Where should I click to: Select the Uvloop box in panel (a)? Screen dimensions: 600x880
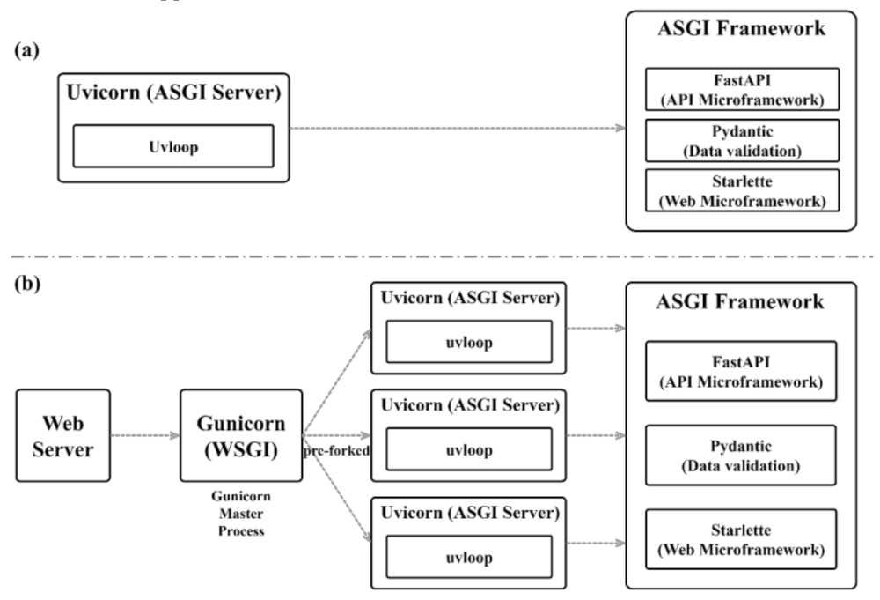point(172,145)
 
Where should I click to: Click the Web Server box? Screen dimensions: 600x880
point(63,436)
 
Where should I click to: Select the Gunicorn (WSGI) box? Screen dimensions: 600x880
point(240,436)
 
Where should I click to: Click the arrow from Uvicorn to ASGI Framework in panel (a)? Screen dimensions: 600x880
point(458,129)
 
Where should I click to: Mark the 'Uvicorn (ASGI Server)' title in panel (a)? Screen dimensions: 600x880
point(172,93)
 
